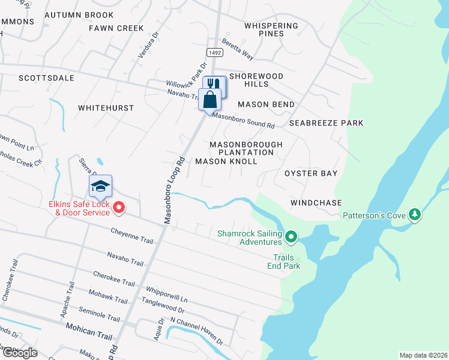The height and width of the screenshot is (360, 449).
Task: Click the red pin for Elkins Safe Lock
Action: (x=119, y=208)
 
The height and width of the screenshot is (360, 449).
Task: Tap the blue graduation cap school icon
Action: (x=101, y=187)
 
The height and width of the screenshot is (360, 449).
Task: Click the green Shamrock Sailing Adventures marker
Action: (x=291, y=237)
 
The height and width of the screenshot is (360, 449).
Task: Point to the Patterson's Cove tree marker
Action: (x=414, y=214)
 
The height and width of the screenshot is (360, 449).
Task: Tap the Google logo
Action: (x=19, y=352)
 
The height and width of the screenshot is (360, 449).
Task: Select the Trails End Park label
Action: (x=284, y=262)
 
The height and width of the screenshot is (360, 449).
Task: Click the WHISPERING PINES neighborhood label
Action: (x=271, y=29)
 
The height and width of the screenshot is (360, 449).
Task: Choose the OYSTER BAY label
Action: (x=310, y=173)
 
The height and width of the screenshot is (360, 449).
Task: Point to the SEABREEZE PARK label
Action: (x=326, y=123)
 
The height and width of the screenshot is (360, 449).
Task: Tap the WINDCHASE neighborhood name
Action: (x=316, y=203)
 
